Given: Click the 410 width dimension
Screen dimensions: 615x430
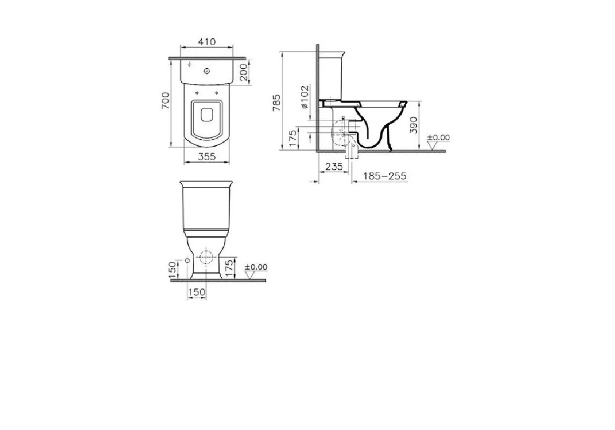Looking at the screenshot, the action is click(207, 41).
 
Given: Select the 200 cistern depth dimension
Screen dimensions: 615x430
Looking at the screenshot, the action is click(244, 72).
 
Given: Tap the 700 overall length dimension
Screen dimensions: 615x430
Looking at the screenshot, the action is click(166, 101).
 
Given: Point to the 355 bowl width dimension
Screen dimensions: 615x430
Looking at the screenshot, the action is click(207, 156).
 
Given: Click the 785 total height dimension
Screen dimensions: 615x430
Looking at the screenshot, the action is click(277, 103).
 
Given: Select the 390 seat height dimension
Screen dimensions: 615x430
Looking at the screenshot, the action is click(414, 125).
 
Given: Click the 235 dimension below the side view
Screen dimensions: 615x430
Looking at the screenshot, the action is click(334, 166).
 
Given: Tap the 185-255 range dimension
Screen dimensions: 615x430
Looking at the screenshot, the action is click(384, 176).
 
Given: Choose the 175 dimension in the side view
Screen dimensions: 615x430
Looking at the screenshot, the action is click(293, 139).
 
